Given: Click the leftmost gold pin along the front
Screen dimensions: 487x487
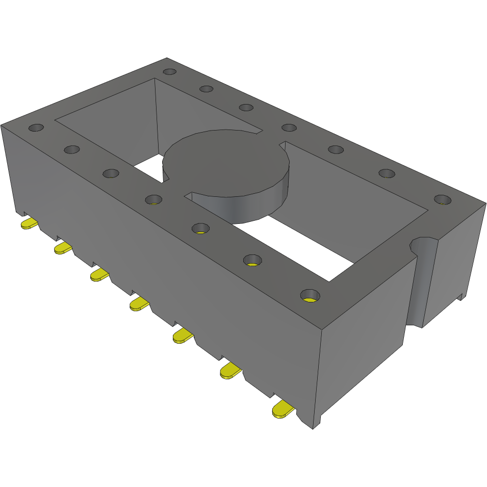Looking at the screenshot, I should [29, 224].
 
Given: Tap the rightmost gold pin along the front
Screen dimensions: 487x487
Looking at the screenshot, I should [283, 409].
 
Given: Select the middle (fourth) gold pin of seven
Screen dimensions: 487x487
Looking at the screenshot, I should [139, 304].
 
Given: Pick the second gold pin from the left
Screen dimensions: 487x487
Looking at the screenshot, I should [63, 248].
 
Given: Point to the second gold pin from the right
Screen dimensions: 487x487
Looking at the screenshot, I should [230, 370].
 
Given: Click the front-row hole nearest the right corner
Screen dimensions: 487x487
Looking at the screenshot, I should [310, 295].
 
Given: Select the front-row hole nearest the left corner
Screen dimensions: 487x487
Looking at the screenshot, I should [36, 127].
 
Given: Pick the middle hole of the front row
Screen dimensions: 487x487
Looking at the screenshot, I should [153, 199].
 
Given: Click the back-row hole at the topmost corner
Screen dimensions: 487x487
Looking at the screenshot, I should [170, 72].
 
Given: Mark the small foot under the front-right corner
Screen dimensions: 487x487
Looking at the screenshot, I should [317, 423].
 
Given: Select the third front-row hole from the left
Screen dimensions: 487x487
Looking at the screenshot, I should [111, 173].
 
